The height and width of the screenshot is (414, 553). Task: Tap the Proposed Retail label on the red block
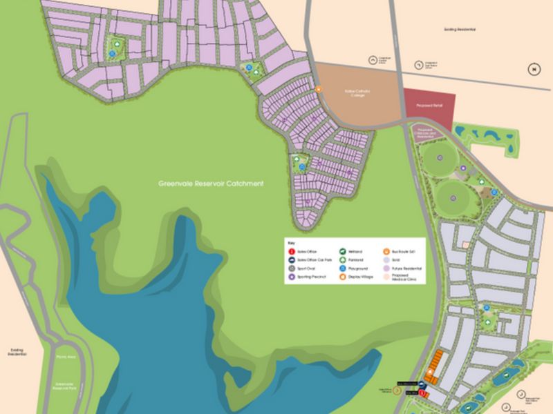[x=428, y=106]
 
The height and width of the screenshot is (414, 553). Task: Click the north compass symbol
[x=532, y=68]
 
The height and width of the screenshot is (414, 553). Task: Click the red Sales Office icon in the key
[x=292, y=253]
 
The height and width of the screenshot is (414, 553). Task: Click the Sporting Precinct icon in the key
[x=292, y=276]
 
